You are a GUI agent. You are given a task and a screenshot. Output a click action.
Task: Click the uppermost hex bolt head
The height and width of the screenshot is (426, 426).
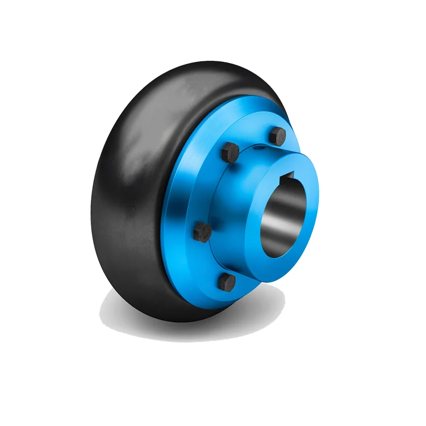point(278,136)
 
